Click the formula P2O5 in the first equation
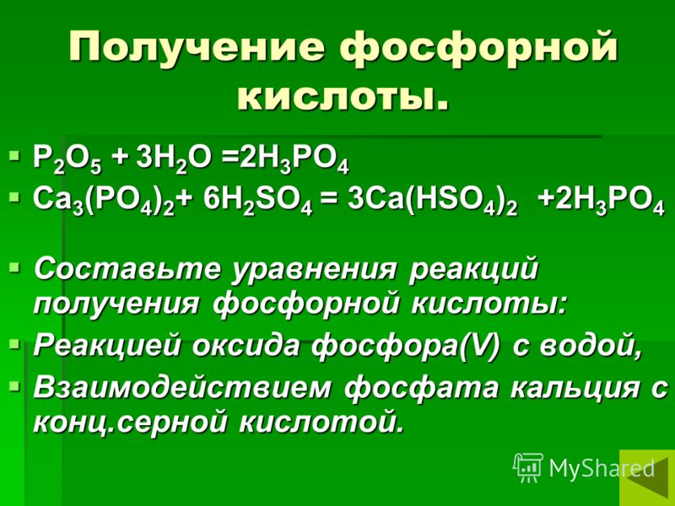tap(67, 160)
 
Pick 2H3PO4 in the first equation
tap(294, 160)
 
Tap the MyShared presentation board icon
tap(528, 468)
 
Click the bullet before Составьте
tap(14, 267)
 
